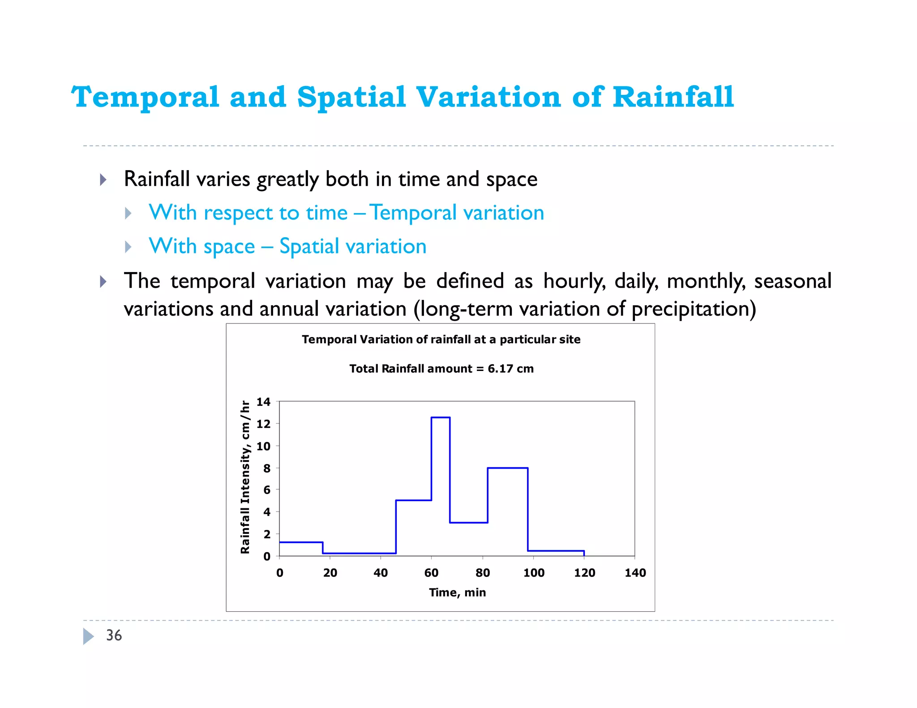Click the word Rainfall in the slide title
pyautogui.click(x=673, y=97)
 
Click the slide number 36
pyautogui.click(x=114, y=635)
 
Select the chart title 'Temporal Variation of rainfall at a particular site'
pyautogui.click(x=441, y=340)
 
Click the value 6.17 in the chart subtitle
pyautogui.click(x=500, y=369)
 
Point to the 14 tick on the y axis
pyautogui.click(x=263, y=402)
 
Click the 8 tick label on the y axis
pyautogui.click(x=267, y=468)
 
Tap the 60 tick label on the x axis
pyautogui.click(x=431, y=573)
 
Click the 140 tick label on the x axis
pyautogui.click(x=635, y=573)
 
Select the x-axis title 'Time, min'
pyautogui.click(x=457, y=593)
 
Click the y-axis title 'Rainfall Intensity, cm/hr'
pyautogui.click(x=245, y=477)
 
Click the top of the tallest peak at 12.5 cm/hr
pyautogui.click(x=441, y=418)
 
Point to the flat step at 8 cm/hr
pyautogui.click(x=508, y=468)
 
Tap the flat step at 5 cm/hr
pyautogui.click(x=414, y=500)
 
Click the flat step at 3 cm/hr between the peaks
pyautogui.click(x=468, y=522)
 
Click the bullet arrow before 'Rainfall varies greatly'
pyautogui.click(x=103, y=180)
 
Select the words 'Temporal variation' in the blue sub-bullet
pyautogui.click(x=457, y=213)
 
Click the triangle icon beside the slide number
pyautogui.click(x=88, y=636)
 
